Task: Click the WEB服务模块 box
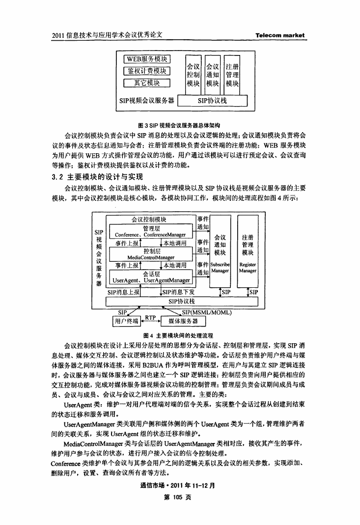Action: (x=147, y=59)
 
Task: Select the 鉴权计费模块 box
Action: (x=147, y=71)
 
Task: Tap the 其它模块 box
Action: (x=147, y=83)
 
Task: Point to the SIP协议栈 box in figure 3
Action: (x=212, y=101)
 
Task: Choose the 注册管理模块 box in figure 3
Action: (x=232, y=75)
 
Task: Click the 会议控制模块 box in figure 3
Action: (x=193, y=75)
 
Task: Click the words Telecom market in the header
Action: (x=280, y=35)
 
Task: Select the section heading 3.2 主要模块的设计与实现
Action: (x=97, y=177)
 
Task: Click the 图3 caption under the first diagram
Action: (x=179, y=126)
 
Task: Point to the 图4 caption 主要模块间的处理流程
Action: (x=178, y=335)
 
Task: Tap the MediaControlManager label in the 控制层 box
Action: (x=151, y=257)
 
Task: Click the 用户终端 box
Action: (x=126, y=321)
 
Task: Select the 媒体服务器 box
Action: (x=183, y=321)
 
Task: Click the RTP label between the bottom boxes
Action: (x=150, y=317)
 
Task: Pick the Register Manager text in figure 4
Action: (x=248, y=268)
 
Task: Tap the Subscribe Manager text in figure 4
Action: (x=220, y=268)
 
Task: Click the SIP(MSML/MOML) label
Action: (x=207, y=312)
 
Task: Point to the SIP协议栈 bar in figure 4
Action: (x=182, y=302)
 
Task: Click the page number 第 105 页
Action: (x=177, y=497)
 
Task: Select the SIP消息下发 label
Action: (x=178, y=292)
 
